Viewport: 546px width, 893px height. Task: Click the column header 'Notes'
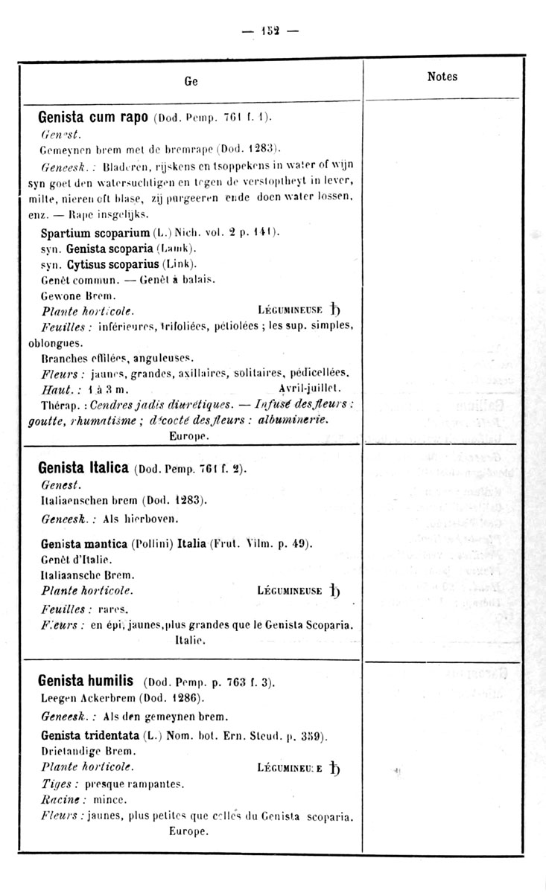pos(442,77)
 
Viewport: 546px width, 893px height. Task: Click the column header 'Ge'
pos(191,83)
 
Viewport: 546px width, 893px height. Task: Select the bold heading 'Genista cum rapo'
pos(95,118)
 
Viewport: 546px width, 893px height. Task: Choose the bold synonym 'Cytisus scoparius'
pos(111,264)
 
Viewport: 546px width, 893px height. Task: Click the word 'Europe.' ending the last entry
pos(186,832)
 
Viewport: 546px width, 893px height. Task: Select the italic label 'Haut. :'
pos(57,388)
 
